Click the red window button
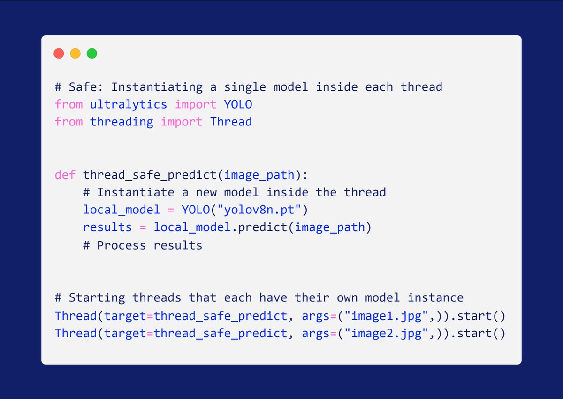pos(59,54)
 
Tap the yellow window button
pos(75,54)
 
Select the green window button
pos(92,54)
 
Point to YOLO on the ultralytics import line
pos(238,104)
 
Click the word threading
pos(122,122)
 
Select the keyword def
pos(65,175)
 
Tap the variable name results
pos(107,227)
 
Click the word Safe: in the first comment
pos(86,87)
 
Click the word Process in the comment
pos(122,245)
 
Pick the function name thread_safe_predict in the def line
pos(150,175)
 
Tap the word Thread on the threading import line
pos(231,122)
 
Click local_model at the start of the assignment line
pos(122,210)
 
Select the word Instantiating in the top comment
pos(157,87)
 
